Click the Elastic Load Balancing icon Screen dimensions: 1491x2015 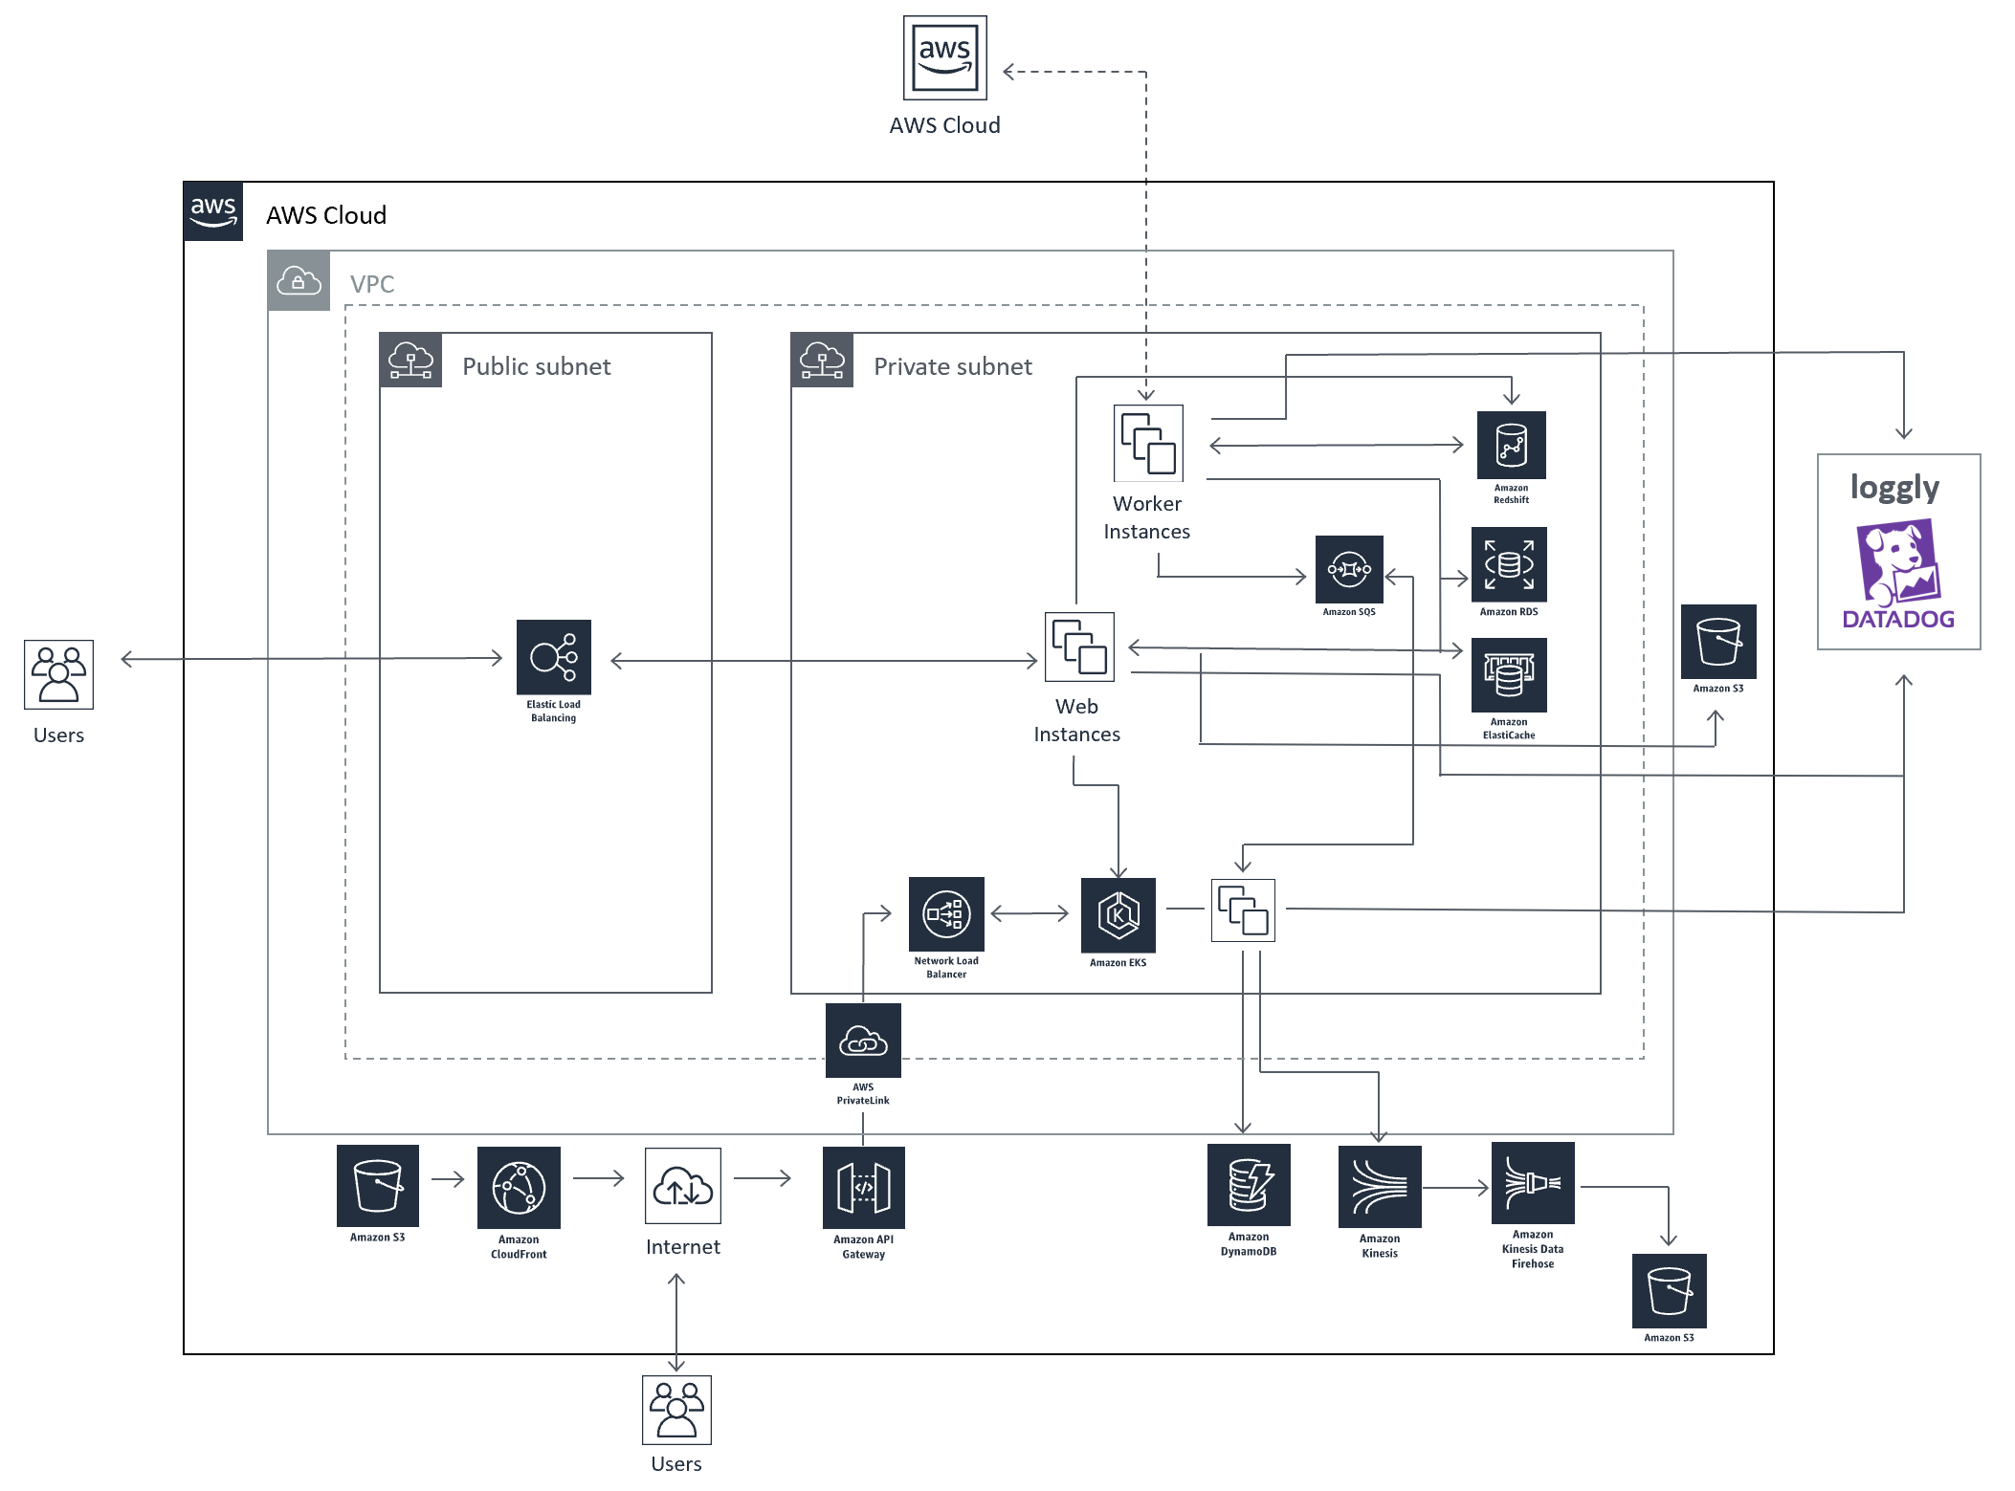pyautogui.click(x=553, y=657)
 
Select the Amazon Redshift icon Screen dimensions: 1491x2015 pyautogui.click(x=1511, y=445)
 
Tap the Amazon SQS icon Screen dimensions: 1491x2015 pyautogui.click(x=1349, y=569)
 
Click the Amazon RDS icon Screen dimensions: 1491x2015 pyautogui.click(x=1509, y=564)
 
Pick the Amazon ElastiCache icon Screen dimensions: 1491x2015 pyautogui.click(x=1509, y=675)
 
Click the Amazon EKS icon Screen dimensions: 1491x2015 pyautogui.click(x=1118, y=915)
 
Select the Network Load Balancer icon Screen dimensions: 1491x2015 pyautogui.click(x=946, y=914)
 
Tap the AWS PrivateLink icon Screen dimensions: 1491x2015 pyautogui.click(x=863, y=1041)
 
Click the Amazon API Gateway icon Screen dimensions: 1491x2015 pyautogui.click(x=863, y=1188)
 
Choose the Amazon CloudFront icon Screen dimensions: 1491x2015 pyautogui.click(x=519, y=1188)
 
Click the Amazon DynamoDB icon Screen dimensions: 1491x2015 pyautogui.click(x=1249, y=1185)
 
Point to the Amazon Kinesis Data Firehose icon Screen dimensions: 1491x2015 pyautogui.click(x=1533, y=1183)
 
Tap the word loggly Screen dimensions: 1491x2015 pyautogui.click(x=1894, y=488)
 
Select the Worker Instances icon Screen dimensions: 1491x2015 pyautogui.click(x=1148, y=444)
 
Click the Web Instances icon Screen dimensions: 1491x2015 pyautogui.click(x=1079, y=647)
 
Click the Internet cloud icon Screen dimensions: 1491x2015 pyautogui.click(x=682, y=1186)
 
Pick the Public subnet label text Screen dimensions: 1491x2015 pyautogui.click(x=536, y=366)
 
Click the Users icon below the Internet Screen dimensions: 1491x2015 pyautogui.click(x=676, y=1410)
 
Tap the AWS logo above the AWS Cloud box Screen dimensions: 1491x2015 pyautogui.click(x=944, y=57)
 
